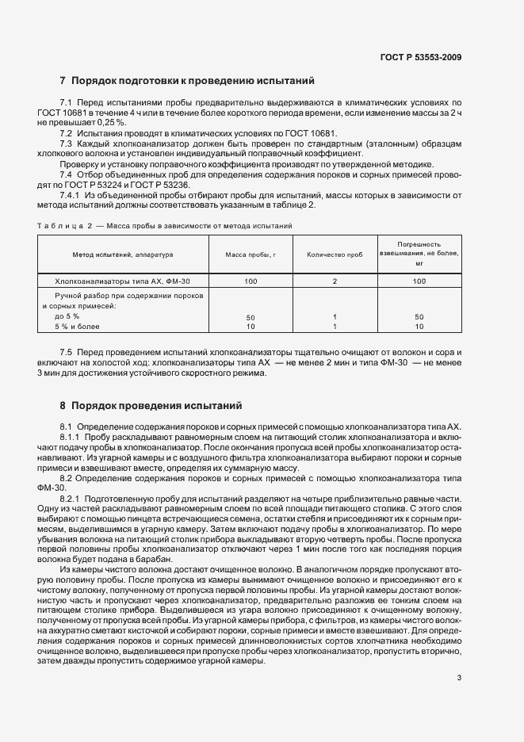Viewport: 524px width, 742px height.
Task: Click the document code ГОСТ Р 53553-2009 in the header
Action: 421,57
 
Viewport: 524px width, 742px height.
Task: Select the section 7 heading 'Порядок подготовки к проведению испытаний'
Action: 193,81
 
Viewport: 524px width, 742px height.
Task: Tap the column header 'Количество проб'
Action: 335,254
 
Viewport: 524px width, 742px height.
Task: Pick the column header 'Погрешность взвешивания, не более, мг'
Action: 420,254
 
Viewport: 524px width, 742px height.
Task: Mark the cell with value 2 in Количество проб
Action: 335,281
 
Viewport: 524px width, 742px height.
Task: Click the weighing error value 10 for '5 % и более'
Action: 420,326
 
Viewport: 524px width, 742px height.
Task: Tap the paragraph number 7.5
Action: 66,350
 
